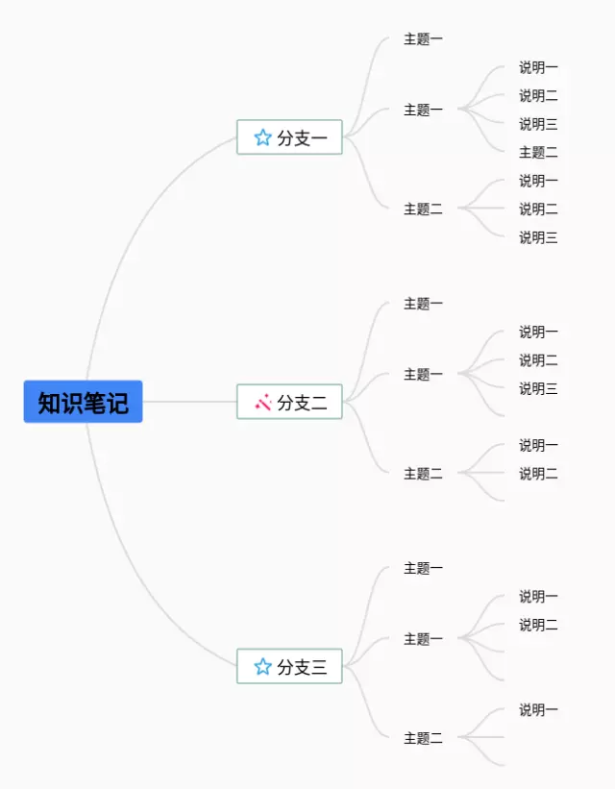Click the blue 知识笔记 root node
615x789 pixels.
[x=83, y=402]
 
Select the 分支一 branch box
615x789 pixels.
[x=289, y=137]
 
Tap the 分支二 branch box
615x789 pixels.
[x=289, y=402]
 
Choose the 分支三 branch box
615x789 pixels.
[x=289, y=666]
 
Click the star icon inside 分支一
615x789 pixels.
[x=262, y=137]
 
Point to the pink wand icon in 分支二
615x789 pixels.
[x=262, y=402]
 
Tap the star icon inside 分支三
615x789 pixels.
[x=262, y=666]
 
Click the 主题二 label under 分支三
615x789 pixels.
[x=423, y=738]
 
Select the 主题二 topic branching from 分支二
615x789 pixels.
[x=423, y=473]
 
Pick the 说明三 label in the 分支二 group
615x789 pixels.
[x=538, y=388]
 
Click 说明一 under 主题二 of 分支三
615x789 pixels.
[x=538, y=709]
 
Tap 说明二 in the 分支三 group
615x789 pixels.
[x=538, y=625]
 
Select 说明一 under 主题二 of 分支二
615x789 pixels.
[x=538, y=445]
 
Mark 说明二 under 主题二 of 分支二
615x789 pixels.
[x=538, y=473]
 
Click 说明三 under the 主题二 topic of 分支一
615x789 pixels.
[x=538, y=237]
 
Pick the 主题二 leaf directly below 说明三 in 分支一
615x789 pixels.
[x=538, y=152]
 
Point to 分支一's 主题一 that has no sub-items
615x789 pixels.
[x=423, y=39]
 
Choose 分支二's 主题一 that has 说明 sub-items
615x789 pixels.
[x=423, y=374]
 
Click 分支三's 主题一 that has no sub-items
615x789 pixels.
[x=423, y=568]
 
